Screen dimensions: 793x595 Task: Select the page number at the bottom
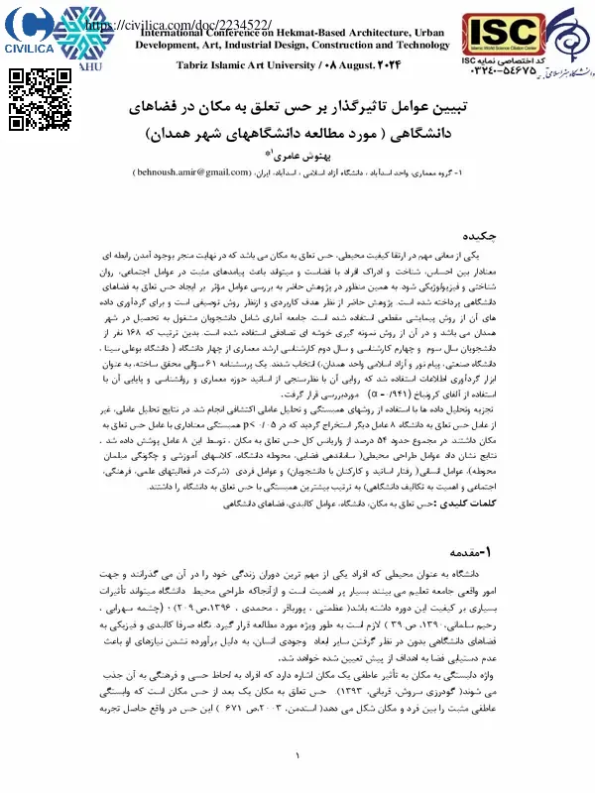(297, 758)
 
